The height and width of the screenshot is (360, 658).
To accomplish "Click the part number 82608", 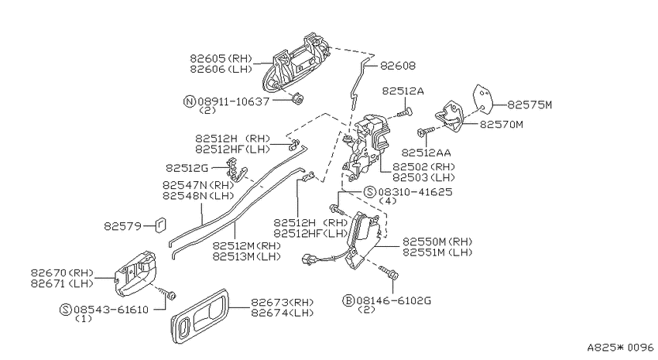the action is [398, 66].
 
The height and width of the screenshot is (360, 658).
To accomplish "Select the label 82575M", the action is [529, 105].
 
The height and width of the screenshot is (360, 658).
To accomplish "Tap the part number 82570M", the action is [502, 124].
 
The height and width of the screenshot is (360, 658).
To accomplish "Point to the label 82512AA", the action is [426, 153].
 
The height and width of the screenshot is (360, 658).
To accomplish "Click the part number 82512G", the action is [187, 168].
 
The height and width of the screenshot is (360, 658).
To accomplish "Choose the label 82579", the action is [122, 226].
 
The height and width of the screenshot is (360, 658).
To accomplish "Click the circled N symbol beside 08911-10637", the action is [190, 101].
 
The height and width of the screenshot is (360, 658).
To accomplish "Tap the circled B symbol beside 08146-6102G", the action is [348, 300].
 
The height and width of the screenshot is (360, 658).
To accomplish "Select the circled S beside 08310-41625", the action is [369, 192].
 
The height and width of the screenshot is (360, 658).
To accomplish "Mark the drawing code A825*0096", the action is [620, 348].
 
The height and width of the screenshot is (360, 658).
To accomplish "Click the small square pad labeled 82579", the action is [161, 225].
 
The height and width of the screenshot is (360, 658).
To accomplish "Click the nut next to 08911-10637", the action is [298, 99].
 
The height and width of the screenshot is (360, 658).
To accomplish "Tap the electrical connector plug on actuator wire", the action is [308, 259].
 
